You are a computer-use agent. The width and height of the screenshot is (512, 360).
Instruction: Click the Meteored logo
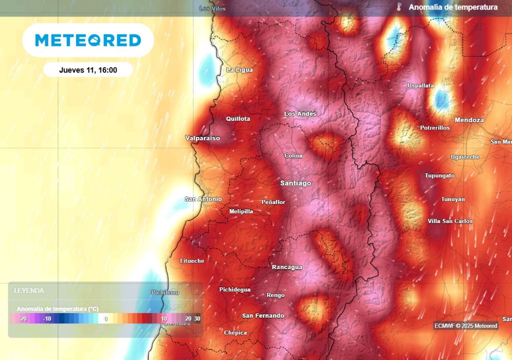pos(88,40)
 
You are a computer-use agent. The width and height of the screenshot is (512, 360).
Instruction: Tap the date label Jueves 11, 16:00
pos(88,70)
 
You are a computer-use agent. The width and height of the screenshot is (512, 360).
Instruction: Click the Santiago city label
pos(295,183)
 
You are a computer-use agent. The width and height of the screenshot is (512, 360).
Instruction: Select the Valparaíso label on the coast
pos(202,138)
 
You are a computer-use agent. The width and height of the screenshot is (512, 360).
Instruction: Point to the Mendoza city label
pos(469,120)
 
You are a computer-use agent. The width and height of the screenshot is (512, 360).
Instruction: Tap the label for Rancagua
pos(287,267)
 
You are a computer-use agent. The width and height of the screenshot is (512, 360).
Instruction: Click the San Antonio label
pos(203,199)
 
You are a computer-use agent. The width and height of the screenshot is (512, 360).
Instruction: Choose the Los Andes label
pos(300,113)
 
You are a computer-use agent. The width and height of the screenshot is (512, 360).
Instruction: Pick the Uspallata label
pos(420,85)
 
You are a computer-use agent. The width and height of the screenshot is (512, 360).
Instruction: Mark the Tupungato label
pos(440,175)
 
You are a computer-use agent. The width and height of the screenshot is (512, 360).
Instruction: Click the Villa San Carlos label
pos(450,221)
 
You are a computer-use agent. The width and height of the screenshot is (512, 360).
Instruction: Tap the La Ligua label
pos(239,70)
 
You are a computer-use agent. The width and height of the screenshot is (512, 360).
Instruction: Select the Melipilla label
pos(241,211)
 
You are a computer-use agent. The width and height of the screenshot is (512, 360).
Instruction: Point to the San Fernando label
pos(263,315)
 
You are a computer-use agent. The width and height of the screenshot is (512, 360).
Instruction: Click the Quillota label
pos(238,119)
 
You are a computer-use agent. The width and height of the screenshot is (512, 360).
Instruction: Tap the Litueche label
pos(192,261)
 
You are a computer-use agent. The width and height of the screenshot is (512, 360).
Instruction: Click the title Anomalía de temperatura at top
pos(453,7)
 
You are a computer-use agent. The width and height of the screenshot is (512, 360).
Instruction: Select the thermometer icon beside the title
pos(399,7)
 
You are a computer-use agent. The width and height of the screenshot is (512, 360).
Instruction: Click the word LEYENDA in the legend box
pos(29,290)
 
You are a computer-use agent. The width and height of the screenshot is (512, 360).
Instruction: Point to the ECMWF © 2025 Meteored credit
pos(466,326)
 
